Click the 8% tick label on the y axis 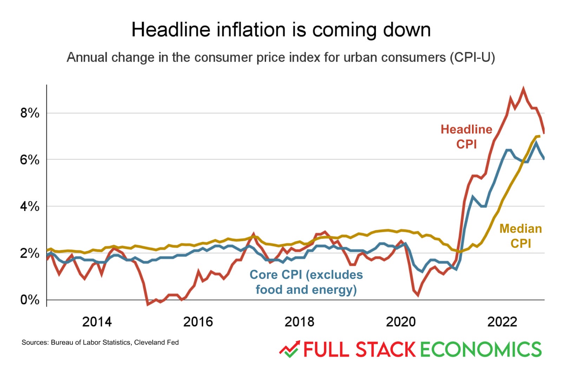30,113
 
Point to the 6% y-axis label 30,160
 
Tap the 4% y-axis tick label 30,207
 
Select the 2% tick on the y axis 30,253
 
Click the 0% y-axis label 30,300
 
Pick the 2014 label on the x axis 97,322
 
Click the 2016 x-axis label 198,322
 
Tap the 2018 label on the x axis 299,322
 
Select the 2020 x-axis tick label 401,322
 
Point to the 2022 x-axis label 502,322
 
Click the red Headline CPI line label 466,136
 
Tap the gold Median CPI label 521,236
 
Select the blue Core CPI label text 306,282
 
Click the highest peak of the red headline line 523,89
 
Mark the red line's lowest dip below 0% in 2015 148,304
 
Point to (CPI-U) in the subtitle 472,57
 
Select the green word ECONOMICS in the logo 481,349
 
